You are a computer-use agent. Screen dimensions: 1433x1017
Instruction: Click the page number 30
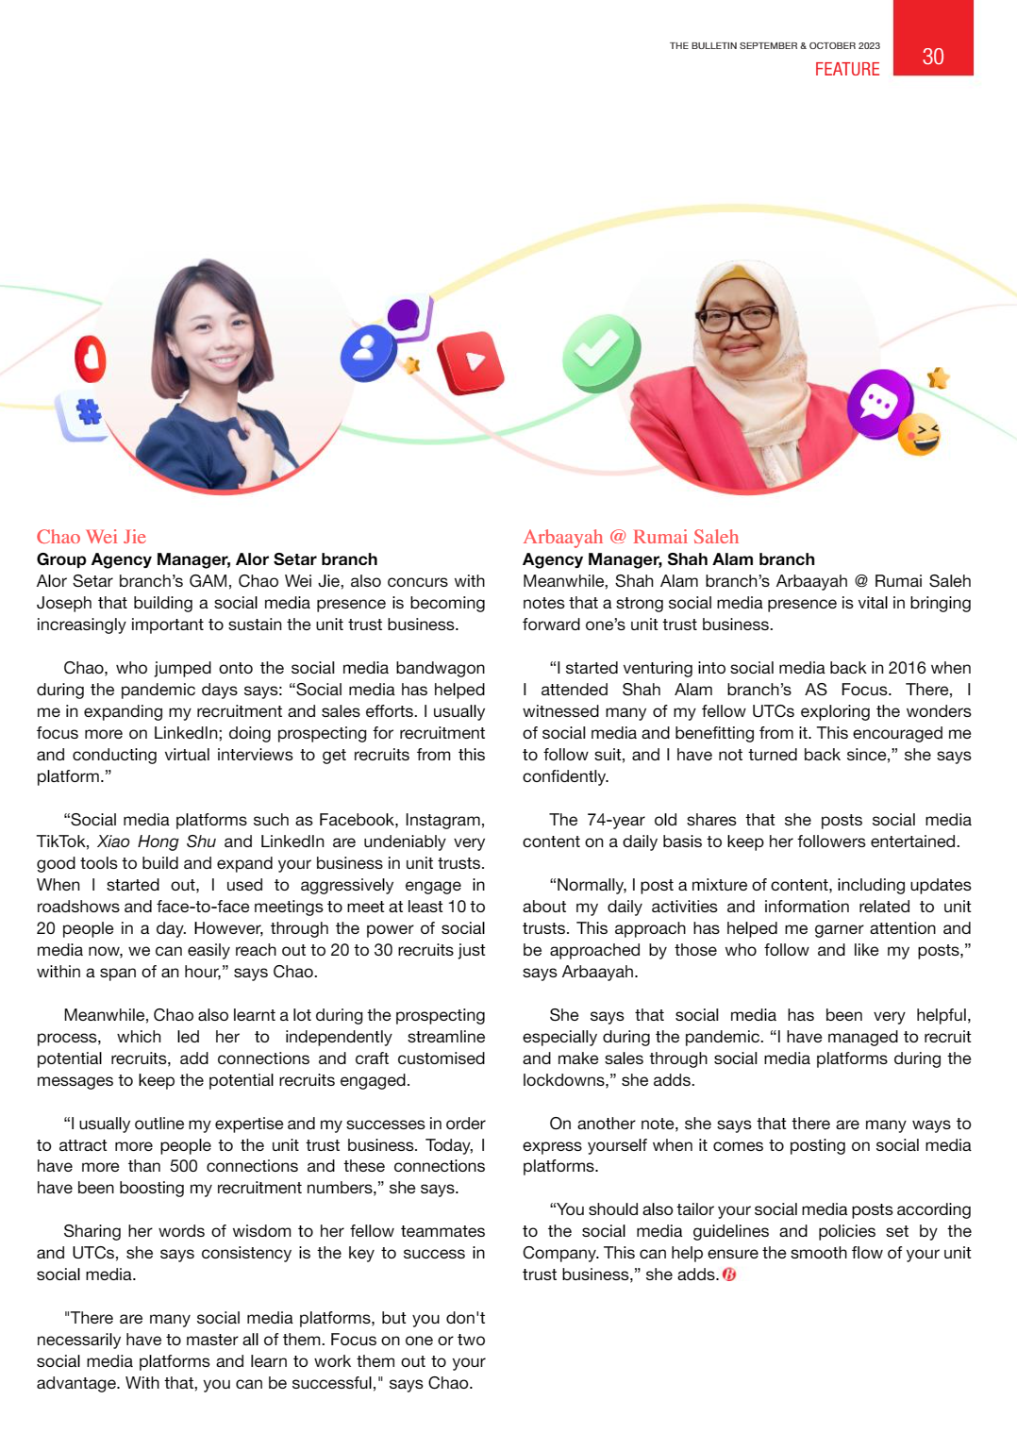pos(932,57)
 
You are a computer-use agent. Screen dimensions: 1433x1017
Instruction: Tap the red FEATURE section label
pos(846,69)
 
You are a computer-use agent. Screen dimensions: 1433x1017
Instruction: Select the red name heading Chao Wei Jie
pos(92,537)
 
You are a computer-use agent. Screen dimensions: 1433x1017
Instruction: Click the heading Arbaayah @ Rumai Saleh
pos(630,537)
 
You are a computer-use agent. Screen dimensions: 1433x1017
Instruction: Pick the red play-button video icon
pos(471,362)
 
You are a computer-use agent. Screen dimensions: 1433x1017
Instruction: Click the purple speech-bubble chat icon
pos(879,403)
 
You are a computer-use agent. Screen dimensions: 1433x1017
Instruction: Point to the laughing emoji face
pos(920,435)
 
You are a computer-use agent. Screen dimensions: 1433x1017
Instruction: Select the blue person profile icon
pos(367,353)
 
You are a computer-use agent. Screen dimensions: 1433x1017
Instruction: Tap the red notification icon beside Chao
pos(91,358)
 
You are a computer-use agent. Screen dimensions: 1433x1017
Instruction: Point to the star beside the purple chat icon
pos(938,378)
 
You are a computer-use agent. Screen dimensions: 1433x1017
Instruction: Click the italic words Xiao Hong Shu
pos(157,841)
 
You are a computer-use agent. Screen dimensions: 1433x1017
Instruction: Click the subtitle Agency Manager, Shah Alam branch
pos(668,559)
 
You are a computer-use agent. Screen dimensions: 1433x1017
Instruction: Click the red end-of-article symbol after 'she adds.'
pos(729,1275)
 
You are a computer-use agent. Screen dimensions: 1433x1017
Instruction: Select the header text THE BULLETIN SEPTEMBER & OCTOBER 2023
pos(775,45)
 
